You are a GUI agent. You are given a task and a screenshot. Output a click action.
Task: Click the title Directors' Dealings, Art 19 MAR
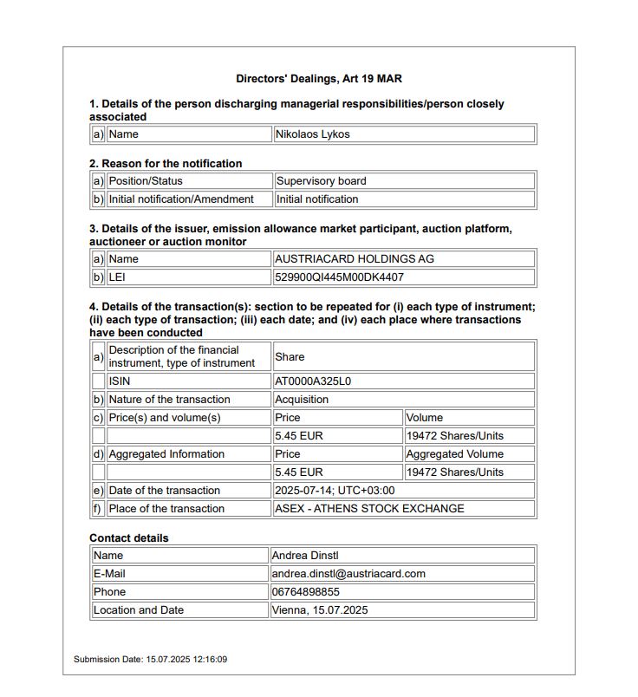(318, 79)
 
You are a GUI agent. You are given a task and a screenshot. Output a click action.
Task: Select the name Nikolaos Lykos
(312, 134)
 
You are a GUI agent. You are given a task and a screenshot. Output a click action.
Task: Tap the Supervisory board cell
(321, 181)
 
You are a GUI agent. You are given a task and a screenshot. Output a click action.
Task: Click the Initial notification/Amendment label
(181, 199)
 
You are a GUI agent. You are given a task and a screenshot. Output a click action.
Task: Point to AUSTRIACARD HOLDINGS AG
(354, 259)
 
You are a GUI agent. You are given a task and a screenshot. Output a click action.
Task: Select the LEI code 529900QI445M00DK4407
(339, 277)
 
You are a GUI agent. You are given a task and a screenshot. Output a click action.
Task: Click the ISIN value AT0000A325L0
(312, 381)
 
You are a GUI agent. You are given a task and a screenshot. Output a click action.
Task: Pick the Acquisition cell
(302, 400)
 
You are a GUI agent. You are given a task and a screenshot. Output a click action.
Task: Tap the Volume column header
(424, 418)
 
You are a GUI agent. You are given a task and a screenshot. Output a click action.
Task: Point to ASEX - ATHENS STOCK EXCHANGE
(369, 509)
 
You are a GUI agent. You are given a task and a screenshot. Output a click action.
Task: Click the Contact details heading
(129, 538)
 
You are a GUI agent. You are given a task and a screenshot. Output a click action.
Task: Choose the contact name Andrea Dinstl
(308, 556)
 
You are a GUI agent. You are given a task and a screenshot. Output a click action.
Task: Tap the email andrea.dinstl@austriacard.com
(348, 574)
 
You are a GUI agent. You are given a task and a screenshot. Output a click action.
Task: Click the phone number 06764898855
(306, 592)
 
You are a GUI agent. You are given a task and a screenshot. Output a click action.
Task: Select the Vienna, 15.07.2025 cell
(320, 610)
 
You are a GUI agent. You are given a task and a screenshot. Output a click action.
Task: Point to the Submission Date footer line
(150, 660)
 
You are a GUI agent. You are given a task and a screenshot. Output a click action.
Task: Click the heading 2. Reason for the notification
(166, 164)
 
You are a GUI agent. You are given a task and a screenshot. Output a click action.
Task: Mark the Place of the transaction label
(166, 509)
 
